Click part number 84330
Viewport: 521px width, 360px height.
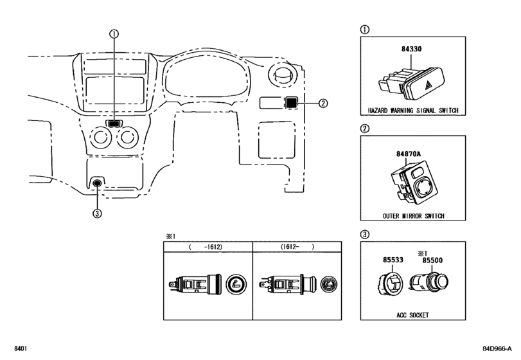(411, 49)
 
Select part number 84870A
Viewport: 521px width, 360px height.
(408, 154)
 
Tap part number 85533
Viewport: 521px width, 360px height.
(393, 260)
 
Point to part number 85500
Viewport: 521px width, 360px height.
(432, 260)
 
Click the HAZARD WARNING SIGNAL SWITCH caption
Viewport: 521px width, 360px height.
(413, 111)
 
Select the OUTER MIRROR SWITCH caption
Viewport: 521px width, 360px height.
(413, 216)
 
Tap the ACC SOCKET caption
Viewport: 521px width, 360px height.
(412, 315)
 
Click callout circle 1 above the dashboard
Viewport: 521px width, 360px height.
(114, 33)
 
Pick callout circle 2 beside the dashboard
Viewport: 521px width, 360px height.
(323, 104)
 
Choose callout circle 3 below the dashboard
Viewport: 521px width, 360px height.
(97, 213)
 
